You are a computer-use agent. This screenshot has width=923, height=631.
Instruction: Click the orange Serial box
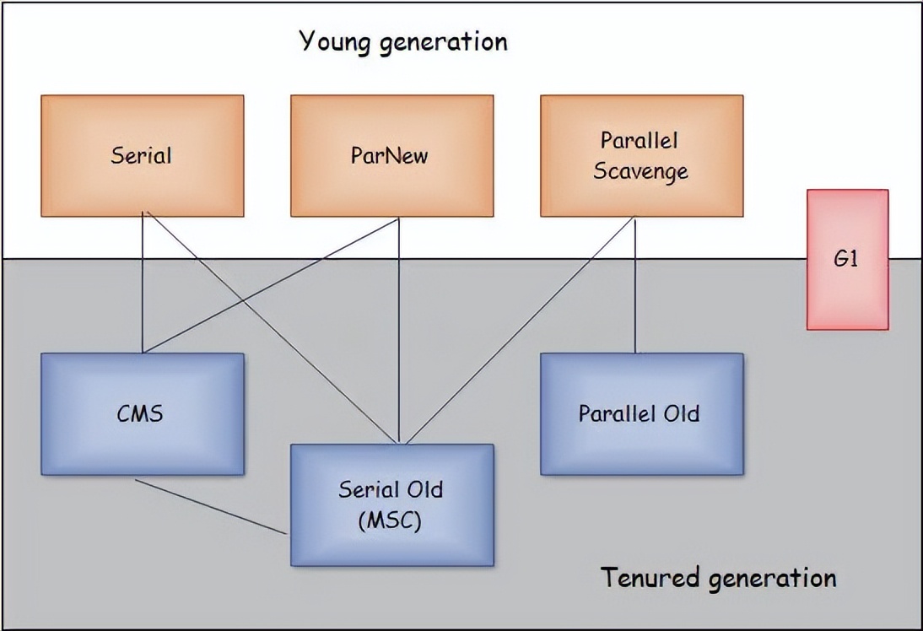coord(142,156)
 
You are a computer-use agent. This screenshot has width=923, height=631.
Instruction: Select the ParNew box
coord(391,156)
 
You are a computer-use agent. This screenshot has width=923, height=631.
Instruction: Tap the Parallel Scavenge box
coord(641,156)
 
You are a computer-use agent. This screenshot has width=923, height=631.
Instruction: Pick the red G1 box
coord(847,259)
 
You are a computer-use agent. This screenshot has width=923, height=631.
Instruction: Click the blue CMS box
coord(142,414)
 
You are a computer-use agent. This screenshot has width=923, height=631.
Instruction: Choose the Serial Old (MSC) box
coord(391,504)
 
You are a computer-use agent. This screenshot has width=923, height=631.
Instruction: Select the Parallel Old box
coord(641,414)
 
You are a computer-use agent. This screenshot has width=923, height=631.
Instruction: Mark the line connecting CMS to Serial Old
coord(211,507)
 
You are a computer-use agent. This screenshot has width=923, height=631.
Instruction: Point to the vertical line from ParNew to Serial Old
coord(399,337)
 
